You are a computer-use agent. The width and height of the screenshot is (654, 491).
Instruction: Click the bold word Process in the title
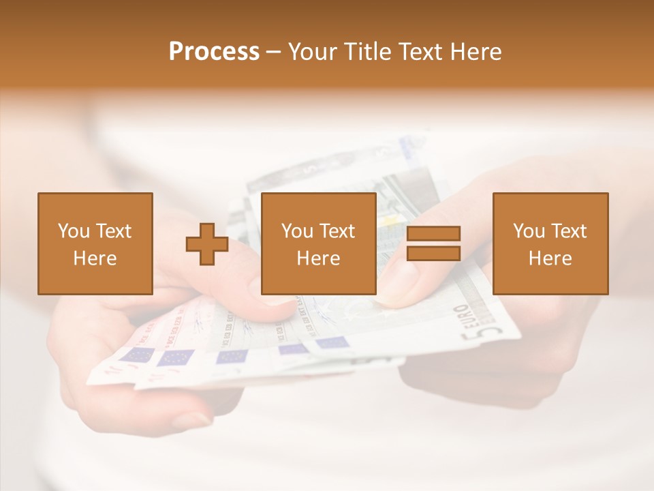pyautogui.click(x=214, y=52)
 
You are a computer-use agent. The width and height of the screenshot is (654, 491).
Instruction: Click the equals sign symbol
pyautogui.click(x=433, y=243)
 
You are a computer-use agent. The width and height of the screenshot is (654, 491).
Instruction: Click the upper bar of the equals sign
pyautogui.click(x=433, y=234)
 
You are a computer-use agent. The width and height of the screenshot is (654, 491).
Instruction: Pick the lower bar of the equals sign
pyautogui.click(x=433, y=253)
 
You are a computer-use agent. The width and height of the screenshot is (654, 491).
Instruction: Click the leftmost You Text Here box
pyautogui.click(x=95, y=243)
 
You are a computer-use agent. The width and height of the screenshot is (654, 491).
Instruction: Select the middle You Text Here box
pyautogui.click(x=318, y=243)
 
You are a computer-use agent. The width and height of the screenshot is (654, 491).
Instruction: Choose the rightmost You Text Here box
pyautogui.click(x=550, y=243)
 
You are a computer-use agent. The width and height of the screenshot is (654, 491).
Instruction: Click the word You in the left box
pyautogui.click(x=74, y=231)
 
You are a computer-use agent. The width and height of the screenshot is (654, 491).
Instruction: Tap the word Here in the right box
pyautogui.click(x=550, y=258)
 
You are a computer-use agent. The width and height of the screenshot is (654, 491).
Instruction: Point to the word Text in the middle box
pyautogui.click(x=337, y=231)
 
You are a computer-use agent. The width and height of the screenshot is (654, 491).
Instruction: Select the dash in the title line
pyautogui.click(x=274, y=53)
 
